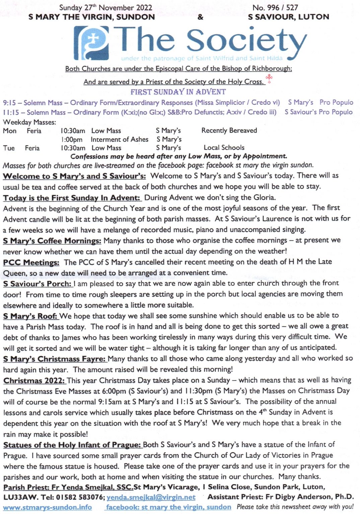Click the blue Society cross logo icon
pos(91,44)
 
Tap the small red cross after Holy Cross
pos(269,79)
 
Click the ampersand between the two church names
pos(200,17)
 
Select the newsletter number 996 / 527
pos(275,7)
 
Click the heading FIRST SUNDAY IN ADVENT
pos(178,92)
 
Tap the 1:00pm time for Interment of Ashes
pos(72,140)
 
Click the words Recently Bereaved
pos(229,131)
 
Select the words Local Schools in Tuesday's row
pos(224,148)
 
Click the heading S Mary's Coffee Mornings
pos(52,241)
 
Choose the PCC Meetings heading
pos(31,263)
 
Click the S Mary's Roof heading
pos(30,316)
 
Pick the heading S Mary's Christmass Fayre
pos(55,359)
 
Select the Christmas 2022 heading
pos(34,381)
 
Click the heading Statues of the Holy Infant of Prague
pos(72,445)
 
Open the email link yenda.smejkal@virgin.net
pos(151,498)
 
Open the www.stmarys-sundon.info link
pos(47,507)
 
